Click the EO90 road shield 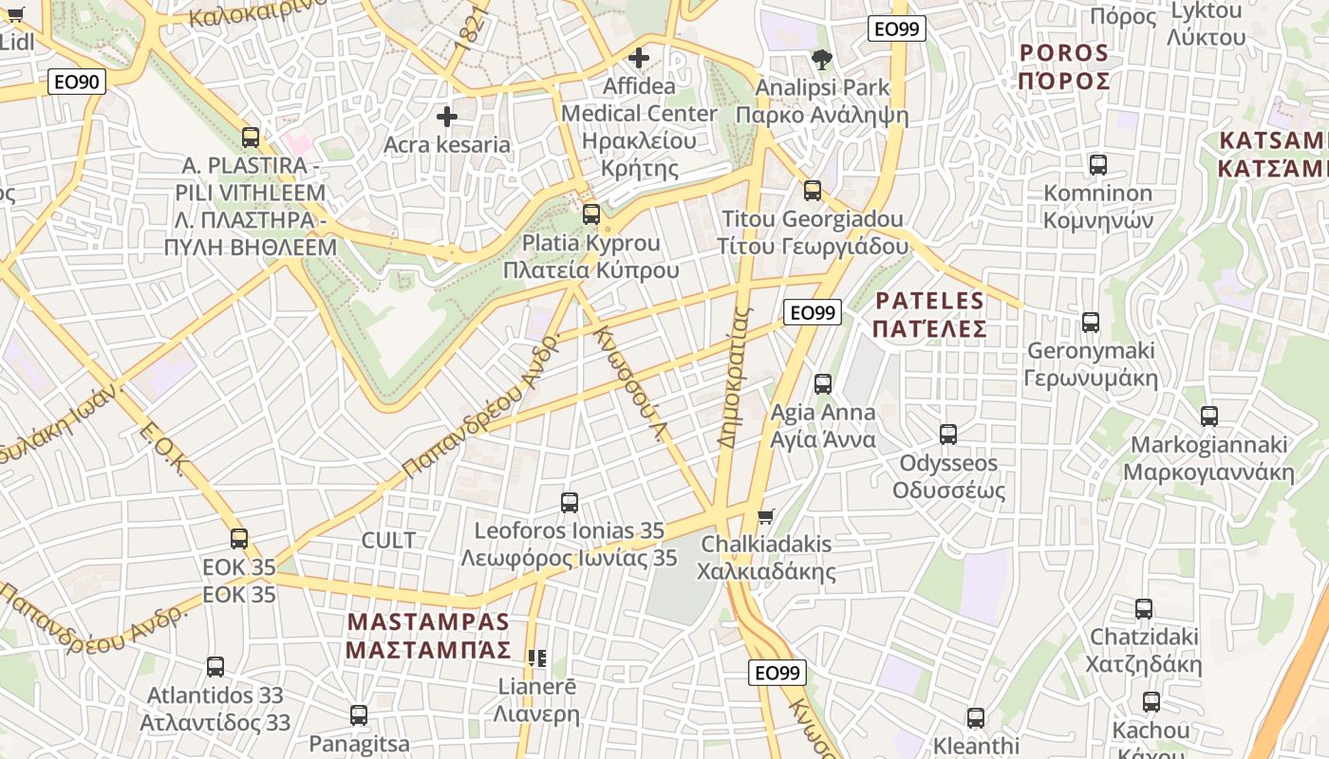[x=76, y=82]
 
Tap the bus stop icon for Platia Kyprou [x=591, y=214]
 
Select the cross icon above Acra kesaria [x=446, y=117]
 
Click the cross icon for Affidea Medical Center [x=639, y=58]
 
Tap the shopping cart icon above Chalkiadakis [x=766, y=516]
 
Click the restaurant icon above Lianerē [x=537, y=657]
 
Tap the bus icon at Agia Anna [x=823, y=384]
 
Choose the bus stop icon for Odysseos [x=948, y=435]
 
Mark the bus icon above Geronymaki [x=1091, y=323]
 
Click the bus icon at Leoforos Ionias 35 [x=570, y=503]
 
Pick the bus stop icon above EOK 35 [x=239, y=539]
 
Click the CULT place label [x=388, y=540]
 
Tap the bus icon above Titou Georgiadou [x=813, y=191]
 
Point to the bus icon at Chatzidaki [x=1144, y=609]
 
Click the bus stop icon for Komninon [x=1098, y=165]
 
